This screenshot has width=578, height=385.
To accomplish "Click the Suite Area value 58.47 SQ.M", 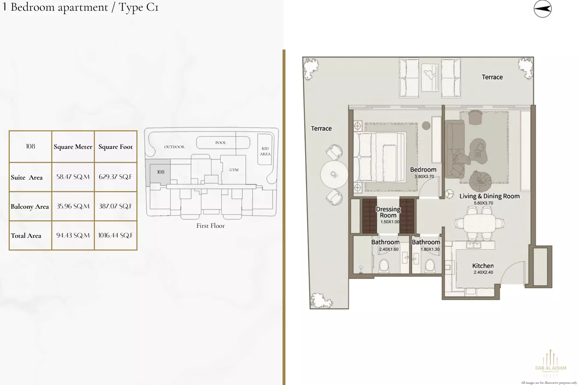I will [73, 177].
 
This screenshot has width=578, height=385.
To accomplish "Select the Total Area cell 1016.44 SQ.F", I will [116, 236].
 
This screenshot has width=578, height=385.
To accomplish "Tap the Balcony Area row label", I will [30, 207].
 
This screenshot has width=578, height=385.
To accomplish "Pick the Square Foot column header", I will [116, 147].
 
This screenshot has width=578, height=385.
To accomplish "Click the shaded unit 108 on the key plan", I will [161, 172].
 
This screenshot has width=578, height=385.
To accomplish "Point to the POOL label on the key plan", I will [221, 143].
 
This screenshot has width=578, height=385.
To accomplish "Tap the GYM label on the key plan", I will [234, 170].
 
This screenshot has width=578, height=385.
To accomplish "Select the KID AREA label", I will [265, 151].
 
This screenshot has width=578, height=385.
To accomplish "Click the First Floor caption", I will [210, 226].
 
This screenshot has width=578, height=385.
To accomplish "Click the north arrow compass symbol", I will [542, 9].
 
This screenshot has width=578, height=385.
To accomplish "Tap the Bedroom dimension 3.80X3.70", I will [424, 177].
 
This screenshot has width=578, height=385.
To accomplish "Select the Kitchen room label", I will [483, 266].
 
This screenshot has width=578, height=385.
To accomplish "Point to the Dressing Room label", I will [388, 212].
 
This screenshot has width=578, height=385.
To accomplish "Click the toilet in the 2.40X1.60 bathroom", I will [384, 266].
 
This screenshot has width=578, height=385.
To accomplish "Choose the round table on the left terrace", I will [334, 175].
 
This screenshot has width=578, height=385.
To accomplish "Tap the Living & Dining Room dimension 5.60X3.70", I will [483, 203].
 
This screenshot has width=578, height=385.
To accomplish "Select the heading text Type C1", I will [139, 7].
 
